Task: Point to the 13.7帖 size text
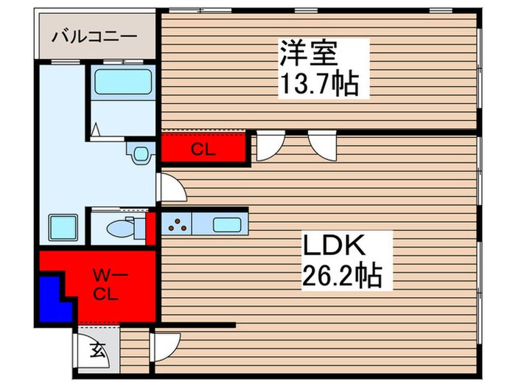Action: (318, 85)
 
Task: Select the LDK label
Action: (330, 245)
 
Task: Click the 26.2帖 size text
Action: (341, 277)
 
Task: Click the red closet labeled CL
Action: (204, 148)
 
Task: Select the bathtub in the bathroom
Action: (122, 80)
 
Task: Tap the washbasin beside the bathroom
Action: (138, 153)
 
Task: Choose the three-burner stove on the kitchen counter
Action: (178, 223)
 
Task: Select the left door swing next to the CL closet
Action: (270, 147)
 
